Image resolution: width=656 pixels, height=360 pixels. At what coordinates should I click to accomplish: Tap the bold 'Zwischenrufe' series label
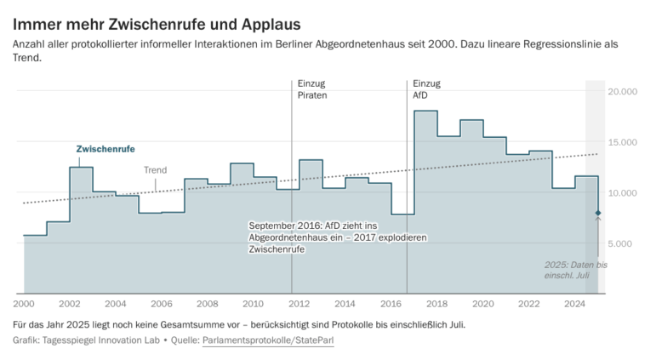106,149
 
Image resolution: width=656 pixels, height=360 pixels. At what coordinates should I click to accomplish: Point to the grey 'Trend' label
155,170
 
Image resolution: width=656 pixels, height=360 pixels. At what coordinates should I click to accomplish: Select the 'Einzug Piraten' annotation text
312,89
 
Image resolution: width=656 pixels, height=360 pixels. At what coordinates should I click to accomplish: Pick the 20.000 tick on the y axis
624,91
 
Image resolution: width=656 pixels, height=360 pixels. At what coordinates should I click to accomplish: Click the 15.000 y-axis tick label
624,142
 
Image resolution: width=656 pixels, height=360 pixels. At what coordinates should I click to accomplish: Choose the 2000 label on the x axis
23,303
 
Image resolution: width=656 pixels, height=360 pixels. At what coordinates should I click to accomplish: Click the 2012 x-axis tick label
299,303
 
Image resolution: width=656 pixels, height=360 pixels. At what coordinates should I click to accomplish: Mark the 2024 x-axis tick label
575,303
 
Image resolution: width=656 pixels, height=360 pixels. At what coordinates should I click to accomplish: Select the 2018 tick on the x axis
437,303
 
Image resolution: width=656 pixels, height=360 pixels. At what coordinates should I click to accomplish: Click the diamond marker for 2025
598,213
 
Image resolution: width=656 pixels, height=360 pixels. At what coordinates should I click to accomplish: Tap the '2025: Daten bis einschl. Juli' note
576,271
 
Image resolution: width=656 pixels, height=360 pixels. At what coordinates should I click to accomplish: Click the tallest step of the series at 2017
425,111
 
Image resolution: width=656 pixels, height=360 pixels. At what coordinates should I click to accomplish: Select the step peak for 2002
81,168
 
